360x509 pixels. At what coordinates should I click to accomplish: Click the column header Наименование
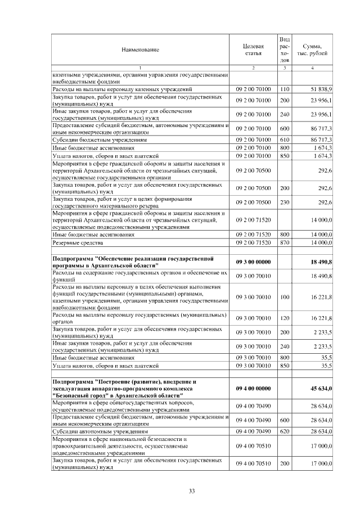pos(140,49)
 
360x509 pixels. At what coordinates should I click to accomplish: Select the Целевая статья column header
pos(253,49)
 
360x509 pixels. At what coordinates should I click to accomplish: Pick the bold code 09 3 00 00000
pos(253,262)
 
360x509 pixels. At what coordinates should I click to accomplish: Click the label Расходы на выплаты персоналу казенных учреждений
pos(122,89)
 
